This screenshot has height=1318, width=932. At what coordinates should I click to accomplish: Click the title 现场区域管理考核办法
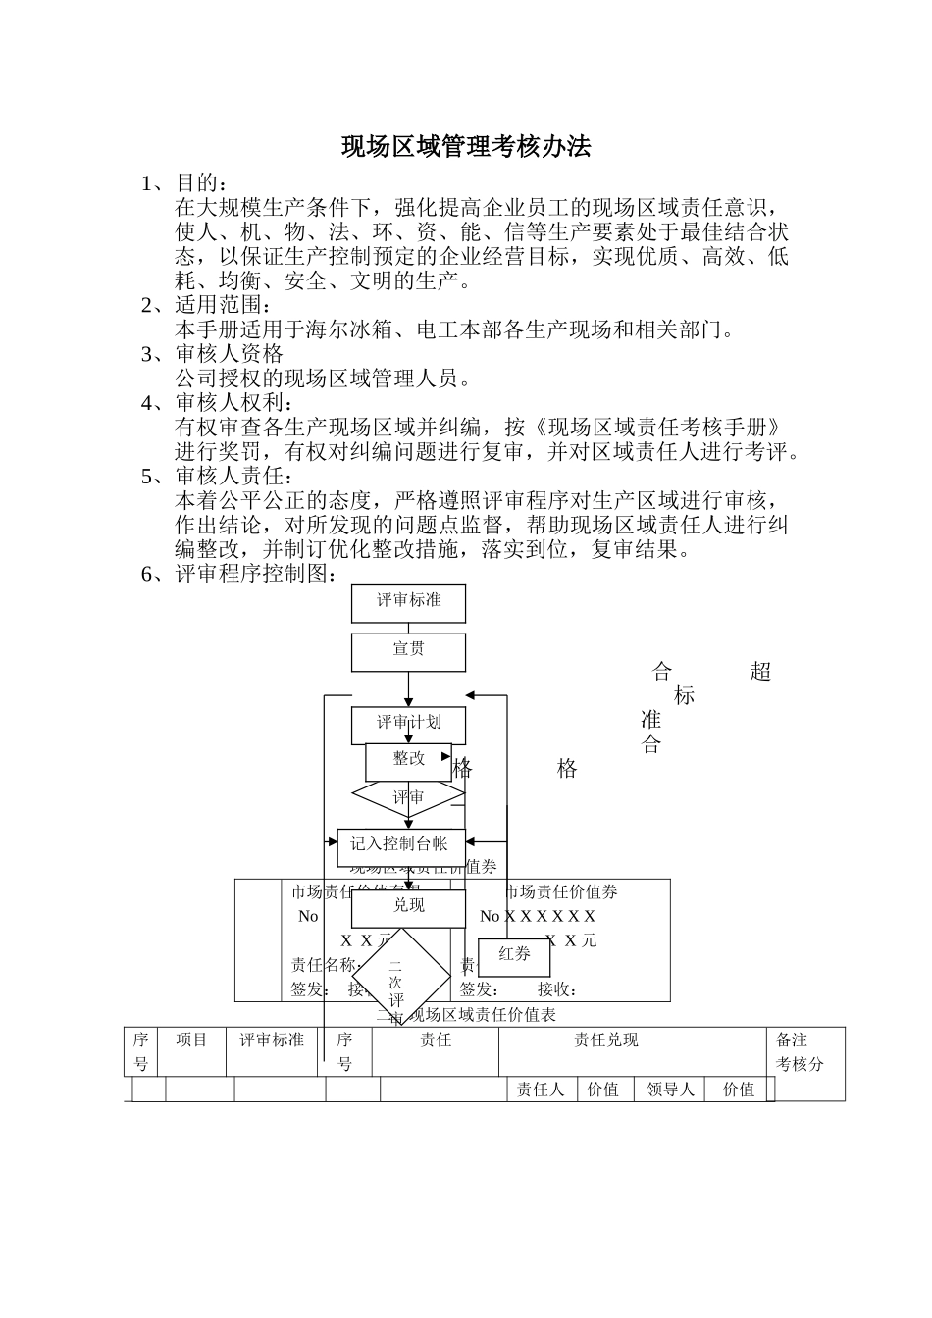pos(466,147)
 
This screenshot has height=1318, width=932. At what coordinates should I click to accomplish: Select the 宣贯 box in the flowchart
pos(408,651)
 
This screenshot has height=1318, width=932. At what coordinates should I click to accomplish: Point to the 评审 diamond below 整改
pos(408,798)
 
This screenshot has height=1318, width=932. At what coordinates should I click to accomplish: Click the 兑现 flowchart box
pos(408,907)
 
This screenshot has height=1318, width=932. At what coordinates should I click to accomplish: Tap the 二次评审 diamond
pos(395,982)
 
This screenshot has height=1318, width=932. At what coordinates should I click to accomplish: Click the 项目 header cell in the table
pos(192,1040)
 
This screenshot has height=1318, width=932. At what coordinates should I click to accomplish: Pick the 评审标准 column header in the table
pos(272,1040)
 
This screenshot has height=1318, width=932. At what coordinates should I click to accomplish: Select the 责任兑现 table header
pos(605,1040)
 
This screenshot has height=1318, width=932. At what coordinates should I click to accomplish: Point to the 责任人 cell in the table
pos(541,1090)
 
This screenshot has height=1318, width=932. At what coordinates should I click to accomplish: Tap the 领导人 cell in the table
pos(671,1090)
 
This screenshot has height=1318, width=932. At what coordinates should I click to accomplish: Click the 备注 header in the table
pos(793,1040)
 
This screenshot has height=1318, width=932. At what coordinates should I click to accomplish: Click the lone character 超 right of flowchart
pos(760,672)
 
